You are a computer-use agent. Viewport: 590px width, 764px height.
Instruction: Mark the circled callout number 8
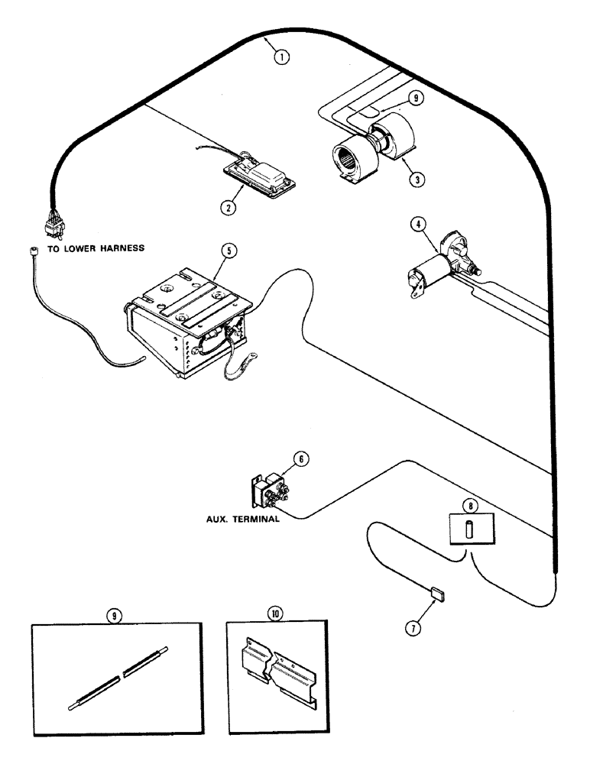tap(469, 504)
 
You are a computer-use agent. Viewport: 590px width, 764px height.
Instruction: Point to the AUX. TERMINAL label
tap(236, 517)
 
